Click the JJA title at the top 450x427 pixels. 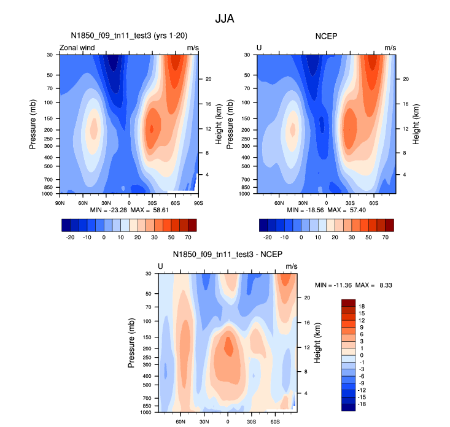pos(225,19)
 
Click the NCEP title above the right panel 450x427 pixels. pos(326,36)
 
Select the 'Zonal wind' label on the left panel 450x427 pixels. pos(77,48)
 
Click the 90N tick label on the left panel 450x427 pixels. pos(60,202)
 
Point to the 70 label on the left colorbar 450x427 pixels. pos(187,236)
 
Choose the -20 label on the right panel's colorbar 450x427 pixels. pos(268,236)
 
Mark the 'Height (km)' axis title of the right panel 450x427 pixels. pos(416,124)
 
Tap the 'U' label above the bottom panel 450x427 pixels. pos(161,266)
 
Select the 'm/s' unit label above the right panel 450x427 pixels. pos(390,48)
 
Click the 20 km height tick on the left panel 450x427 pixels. pos(208,79)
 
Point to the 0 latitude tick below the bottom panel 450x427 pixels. pos(228,421)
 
